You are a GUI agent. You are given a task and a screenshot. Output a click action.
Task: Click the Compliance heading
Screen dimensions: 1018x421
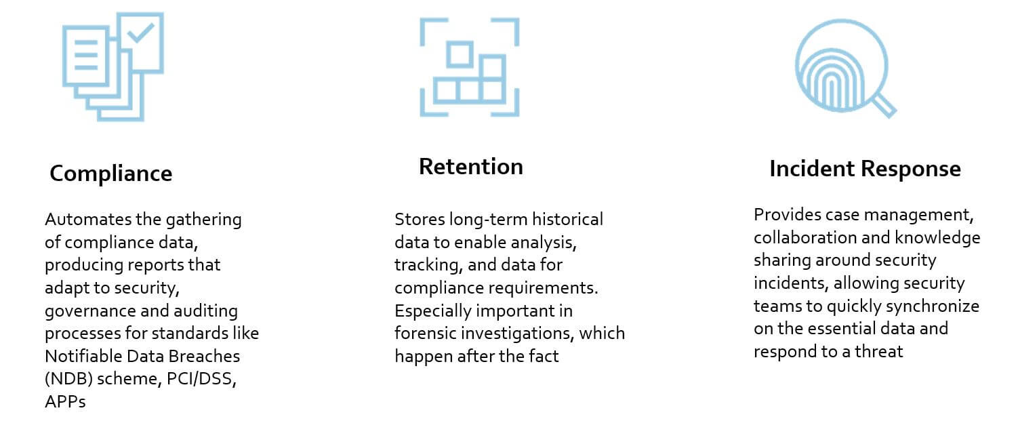click(111, 174)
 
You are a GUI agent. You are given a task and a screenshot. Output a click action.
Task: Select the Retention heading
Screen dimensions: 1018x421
click(471, 166)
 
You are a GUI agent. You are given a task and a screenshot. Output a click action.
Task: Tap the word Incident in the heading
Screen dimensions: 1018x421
click(812, 169)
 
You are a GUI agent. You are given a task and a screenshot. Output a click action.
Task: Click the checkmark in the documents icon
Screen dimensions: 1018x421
click(140, 33)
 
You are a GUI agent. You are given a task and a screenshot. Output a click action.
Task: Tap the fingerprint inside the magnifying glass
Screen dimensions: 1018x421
click(831, 79)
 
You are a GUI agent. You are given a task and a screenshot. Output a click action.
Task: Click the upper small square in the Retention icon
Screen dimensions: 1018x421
click(460, 54)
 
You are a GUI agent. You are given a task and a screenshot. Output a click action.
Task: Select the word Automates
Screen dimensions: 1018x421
click(87, 219)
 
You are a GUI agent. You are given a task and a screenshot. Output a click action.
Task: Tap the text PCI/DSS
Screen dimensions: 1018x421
click(201, 379)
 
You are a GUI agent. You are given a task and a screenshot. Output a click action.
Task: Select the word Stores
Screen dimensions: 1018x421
click(420, 219)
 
